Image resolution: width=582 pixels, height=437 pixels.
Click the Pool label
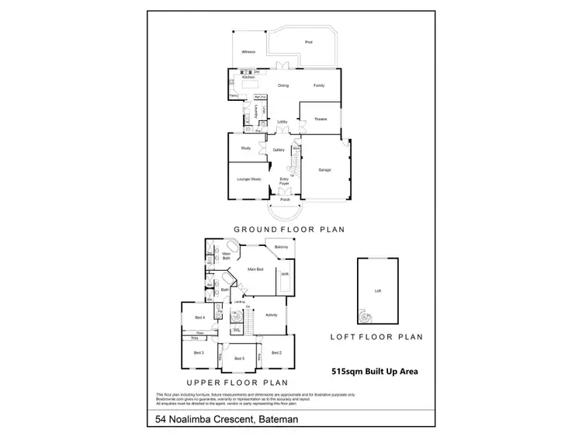click(x=308, y=42)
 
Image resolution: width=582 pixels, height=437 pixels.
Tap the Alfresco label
click(x=250, y=50)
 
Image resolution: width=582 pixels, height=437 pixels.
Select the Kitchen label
click(x=248, y=78)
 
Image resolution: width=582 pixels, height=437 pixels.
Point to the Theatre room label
click(x=320, y=120)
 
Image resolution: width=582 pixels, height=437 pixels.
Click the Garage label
click(x=325, y=169)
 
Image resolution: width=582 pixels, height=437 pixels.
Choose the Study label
click(x=245, y=147)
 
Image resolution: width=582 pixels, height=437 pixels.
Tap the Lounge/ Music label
click(x=247, y=178)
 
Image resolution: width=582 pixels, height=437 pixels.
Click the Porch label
click(x=286, y=198)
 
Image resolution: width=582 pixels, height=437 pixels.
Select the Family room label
click(x=319, y=85)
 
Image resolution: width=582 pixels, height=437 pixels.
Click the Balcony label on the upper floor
click(x=282, y=247)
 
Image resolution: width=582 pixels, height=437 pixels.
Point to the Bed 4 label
click(x=199, y=317)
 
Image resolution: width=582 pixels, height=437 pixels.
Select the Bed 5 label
click(x=240, y=358)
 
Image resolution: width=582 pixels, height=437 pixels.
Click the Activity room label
click(x=272, y=314)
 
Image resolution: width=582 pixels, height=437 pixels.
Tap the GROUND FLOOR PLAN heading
click(x=289, y=229)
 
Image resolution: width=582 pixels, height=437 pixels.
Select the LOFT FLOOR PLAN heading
click(x=376, y=337)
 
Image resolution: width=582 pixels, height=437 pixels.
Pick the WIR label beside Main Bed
click(x=285, y=274)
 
